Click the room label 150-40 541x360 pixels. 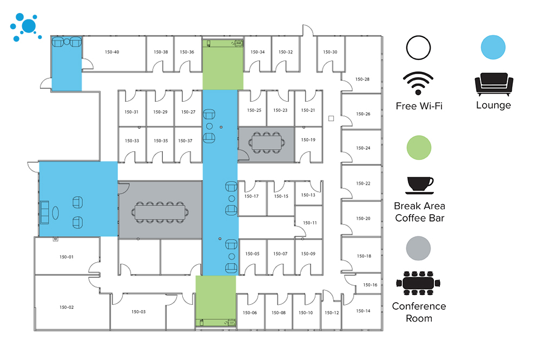point(112,52)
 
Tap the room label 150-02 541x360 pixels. point(67,307)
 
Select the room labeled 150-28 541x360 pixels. point(362,79)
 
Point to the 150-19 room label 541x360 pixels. point(308,139)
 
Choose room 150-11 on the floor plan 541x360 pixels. point(310,223)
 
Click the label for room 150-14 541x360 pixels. point(364,311)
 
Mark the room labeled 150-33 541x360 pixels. point(132,141)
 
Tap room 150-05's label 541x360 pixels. point(253,254)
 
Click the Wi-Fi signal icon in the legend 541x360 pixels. point(419,83)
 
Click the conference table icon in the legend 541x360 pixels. point(419,283)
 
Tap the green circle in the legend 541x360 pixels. point(419,147)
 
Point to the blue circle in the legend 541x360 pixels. point(493,47)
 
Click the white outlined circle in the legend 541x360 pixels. point(419,47)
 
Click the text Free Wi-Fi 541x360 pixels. point(419,106)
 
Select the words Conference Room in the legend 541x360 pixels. point(419,312)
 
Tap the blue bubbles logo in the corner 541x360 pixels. point(25,26)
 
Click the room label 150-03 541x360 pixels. point(138,312)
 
